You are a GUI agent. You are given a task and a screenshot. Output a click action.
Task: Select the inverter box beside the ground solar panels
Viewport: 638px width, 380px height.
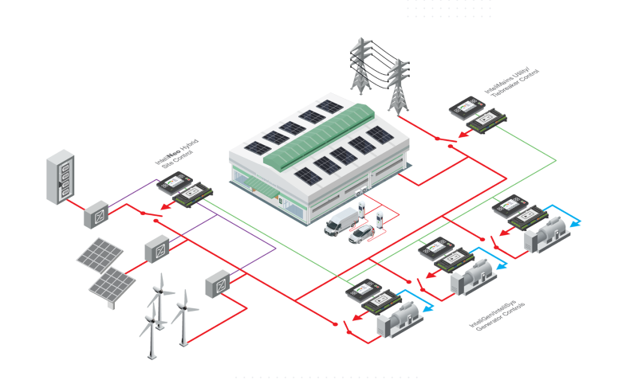(156, 250)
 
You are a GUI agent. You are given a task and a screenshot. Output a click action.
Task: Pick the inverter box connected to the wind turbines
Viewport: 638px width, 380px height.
(216, 284)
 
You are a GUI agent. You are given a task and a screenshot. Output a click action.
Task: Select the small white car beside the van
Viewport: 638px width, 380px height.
(361, 234)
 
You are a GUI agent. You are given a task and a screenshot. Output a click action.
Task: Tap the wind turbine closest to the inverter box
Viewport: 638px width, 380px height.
(184, 315)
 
